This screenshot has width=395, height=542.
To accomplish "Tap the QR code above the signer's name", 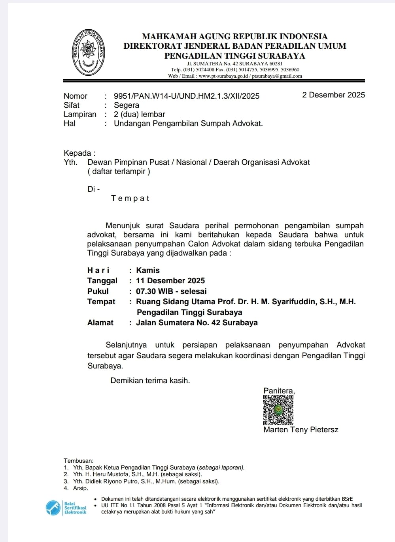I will [x=278, y=410].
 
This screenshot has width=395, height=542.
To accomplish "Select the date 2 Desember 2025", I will [x=333, y=95].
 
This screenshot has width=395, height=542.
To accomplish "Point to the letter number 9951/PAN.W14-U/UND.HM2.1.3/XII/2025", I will [x=187, y=96].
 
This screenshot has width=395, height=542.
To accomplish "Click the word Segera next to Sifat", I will [x=127, y=105].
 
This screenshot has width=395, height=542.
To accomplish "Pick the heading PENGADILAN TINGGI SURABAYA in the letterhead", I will [x=234, y=56].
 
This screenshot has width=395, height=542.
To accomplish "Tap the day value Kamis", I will [x=148, y=270].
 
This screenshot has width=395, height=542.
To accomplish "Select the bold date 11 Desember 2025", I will [x=170, y=281].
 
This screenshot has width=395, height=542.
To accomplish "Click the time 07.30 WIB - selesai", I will [x=171, y=291].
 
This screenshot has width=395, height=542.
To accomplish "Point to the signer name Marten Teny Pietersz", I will [x=301, y=430].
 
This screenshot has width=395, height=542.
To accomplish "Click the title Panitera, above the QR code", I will [x=279, y=391].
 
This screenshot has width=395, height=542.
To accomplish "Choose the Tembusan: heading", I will [x=79, y=461].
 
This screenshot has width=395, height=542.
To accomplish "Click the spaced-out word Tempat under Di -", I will [x=130, y=198].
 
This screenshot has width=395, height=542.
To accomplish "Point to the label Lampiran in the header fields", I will [x=80, y=114].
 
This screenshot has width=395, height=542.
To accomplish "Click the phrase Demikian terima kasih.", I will [x=150, y=380].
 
